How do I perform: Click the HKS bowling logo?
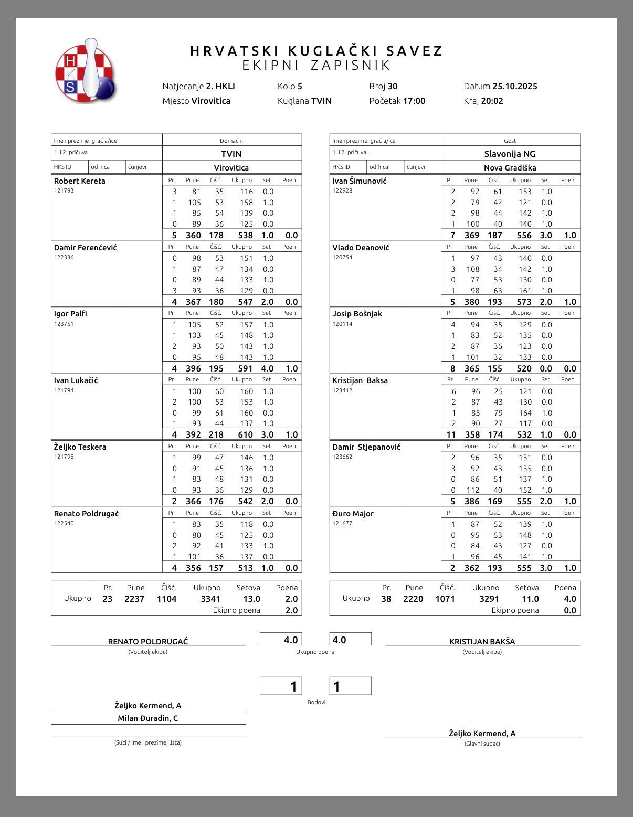tap(85, 71)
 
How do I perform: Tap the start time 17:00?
tap(414, 101)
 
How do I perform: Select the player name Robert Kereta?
tap(80, 181)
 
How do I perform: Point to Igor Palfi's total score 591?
tap(245, 368)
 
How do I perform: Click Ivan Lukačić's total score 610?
tap(245, 434)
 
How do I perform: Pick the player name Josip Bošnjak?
tap(357, 314)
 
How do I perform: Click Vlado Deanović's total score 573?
tap(524, 302)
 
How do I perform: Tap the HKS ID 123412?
tap(342, 390)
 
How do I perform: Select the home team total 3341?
tap(210, 599)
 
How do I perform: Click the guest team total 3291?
tap(489, 599)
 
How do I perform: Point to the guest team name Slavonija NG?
tap(510, 154)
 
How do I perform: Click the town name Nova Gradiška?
tap(510, 168)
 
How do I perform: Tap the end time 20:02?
tap(492, 101)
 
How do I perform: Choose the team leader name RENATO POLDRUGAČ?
tap(148, 641)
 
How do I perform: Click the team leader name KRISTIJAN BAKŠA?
tap(482, 641)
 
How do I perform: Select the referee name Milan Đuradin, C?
tap(148, 718)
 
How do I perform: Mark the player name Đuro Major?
tap(353, 514)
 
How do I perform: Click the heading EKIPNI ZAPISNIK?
tap(316, 65)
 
